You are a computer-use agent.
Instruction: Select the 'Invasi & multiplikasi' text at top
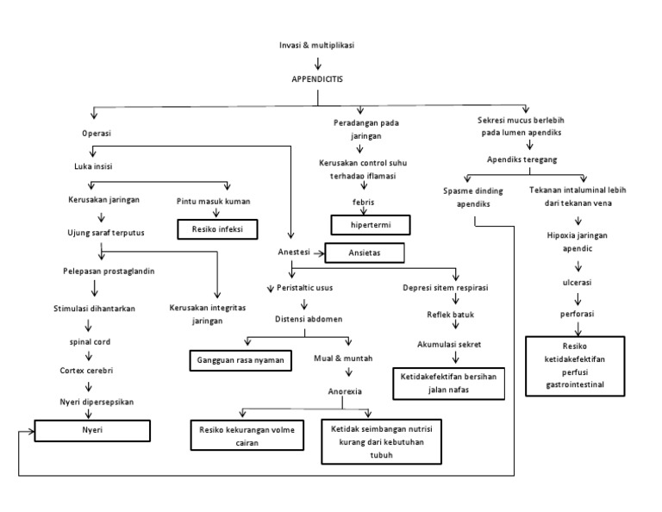317,45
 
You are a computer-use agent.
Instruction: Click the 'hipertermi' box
370,225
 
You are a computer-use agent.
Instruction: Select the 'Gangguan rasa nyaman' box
240,358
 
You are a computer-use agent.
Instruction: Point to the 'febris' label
362,202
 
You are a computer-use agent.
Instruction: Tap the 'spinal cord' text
90,341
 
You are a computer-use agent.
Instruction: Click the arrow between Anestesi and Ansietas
315,253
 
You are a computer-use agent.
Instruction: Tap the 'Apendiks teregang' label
522,159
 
